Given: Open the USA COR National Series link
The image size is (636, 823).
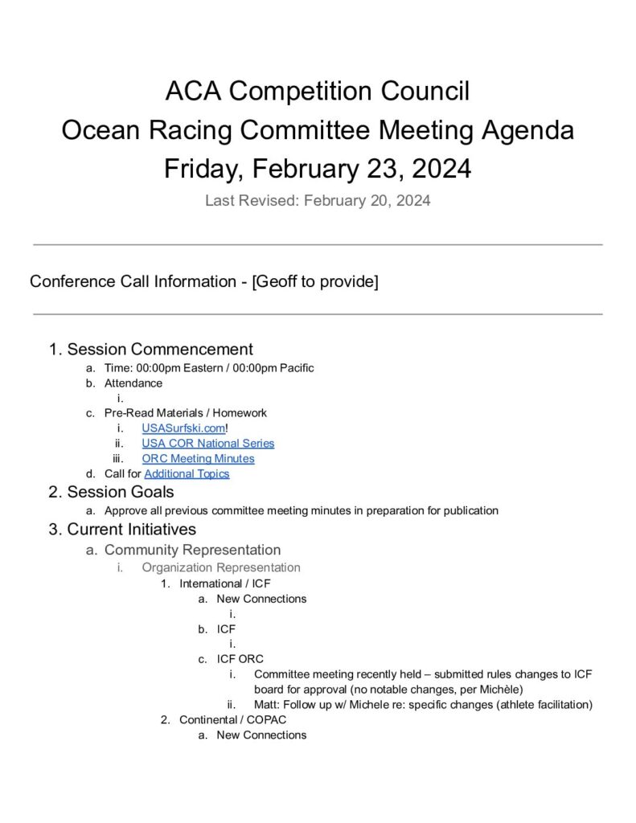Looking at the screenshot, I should pos(207,444).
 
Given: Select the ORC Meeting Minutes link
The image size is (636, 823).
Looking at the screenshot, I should pos(198,459).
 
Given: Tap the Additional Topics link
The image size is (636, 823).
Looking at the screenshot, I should pos(187,474).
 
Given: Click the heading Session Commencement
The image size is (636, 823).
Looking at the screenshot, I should pos(160,350).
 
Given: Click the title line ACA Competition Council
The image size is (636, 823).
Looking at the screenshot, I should pos(318,91).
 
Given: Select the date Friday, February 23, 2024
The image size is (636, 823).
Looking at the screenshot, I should pos(318,169).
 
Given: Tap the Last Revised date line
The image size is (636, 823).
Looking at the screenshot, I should pos(318,201).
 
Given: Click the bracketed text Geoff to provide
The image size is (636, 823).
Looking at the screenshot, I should pos(315,282).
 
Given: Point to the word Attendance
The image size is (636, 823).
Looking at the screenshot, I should pos(133,383).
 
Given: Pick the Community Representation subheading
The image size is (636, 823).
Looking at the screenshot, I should pos(192,551).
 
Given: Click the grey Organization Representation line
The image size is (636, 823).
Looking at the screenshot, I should pos(221,567).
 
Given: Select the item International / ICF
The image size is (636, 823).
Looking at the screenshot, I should pos(225,583).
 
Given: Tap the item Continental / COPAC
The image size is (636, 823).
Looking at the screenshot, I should pos(232,720).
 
